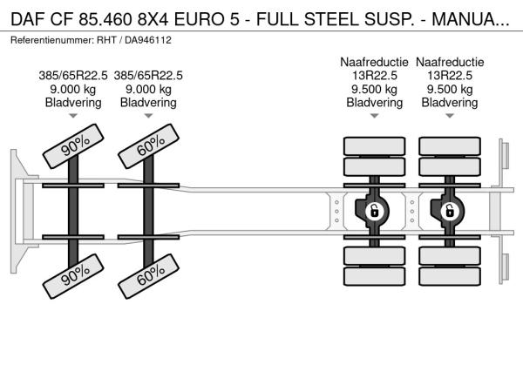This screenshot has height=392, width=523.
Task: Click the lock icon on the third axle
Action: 374,210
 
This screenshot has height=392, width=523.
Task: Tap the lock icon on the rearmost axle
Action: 450,210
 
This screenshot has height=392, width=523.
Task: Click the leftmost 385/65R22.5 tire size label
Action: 73,74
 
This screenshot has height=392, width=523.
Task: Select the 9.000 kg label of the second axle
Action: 148,88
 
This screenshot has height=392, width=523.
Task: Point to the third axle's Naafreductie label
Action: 374,61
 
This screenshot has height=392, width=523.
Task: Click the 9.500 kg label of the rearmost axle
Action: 450,88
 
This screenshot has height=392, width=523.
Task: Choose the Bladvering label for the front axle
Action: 73,102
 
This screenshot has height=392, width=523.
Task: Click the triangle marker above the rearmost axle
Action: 450,116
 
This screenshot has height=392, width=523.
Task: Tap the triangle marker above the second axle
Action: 148,116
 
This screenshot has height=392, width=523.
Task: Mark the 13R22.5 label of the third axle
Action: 374,74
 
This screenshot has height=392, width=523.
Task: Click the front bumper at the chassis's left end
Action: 16,210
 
